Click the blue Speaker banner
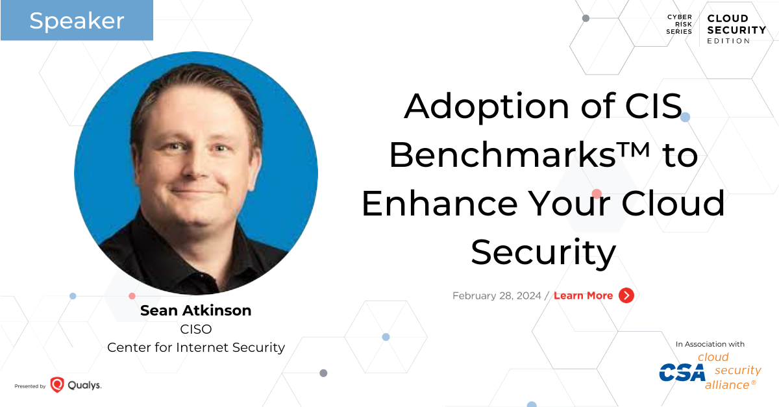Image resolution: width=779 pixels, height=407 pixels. click(x=77, y=21)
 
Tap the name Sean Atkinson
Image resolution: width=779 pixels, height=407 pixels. click(x=195, y=311)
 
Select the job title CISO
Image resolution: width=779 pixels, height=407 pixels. click(x=195, y=329)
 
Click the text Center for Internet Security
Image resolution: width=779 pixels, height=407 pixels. click(x=195, y=347)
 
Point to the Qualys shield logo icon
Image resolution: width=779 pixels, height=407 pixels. click(x=57, y=385)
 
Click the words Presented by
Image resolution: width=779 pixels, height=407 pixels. click(x=30, y=386)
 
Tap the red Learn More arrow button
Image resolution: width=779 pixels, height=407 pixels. click(x=626, y=295)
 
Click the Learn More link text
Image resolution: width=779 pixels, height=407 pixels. click(x=583, y=295)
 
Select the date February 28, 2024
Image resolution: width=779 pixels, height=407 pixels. click(x=497, y=295)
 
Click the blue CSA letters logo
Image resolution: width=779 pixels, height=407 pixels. click(x=682, y=372)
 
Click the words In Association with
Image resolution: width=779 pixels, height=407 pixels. click(x=710, y=344)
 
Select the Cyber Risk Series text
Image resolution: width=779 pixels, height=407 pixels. click(x=680, y=24)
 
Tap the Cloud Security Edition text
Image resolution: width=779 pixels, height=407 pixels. click(x=736, y=29)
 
